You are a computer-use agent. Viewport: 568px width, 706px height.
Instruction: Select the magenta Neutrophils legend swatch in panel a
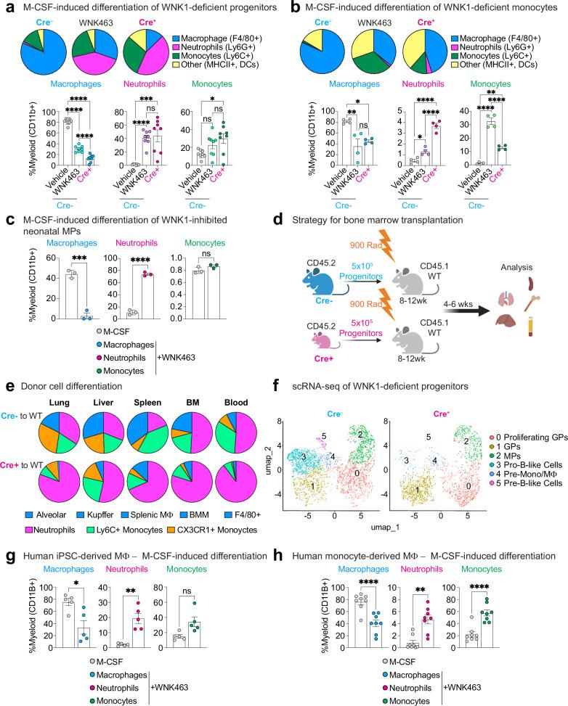pyautogui.click(x=176, y=46)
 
